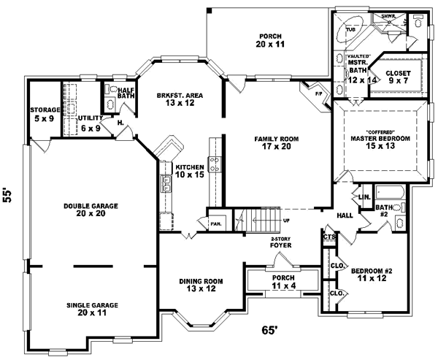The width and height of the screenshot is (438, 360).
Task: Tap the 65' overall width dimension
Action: point(271,330)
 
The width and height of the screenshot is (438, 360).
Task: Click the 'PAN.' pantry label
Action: point(216,225)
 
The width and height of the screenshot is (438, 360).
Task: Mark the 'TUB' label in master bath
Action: point(339,30)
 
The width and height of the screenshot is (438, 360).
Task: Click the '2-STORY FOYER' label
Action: point(281,242)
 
